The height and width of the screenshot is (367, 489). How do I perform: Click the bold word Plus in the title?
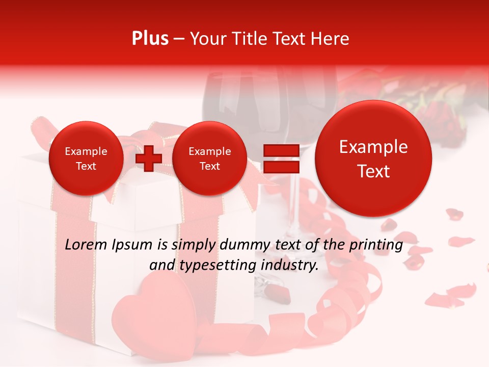tap(150, 39)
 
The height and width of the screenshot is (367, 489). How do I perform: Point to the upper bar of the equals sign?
tap(281, 151)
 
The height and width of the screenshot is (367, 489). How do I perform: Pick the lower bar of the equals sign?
tap(281, 168)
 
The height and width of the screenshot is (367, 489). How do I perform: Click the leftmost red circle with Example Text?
tap(86, 159)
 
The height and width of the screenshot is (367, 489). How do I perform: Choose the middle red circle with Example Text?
tap(209, 159)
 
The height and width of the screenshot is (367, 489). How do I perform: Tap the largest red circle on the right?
tap(373, 159)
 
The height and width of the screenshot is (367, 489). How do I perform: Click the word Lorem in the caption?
tap(86, 245)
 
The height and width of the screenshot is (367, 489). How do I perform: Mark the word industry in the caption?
tap(289, 266)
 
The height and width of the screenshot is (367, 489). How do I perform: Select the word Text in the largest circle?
tap(373, 171)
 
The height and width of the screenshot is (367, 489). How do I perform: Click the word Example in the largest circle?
tap(373, 147)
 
